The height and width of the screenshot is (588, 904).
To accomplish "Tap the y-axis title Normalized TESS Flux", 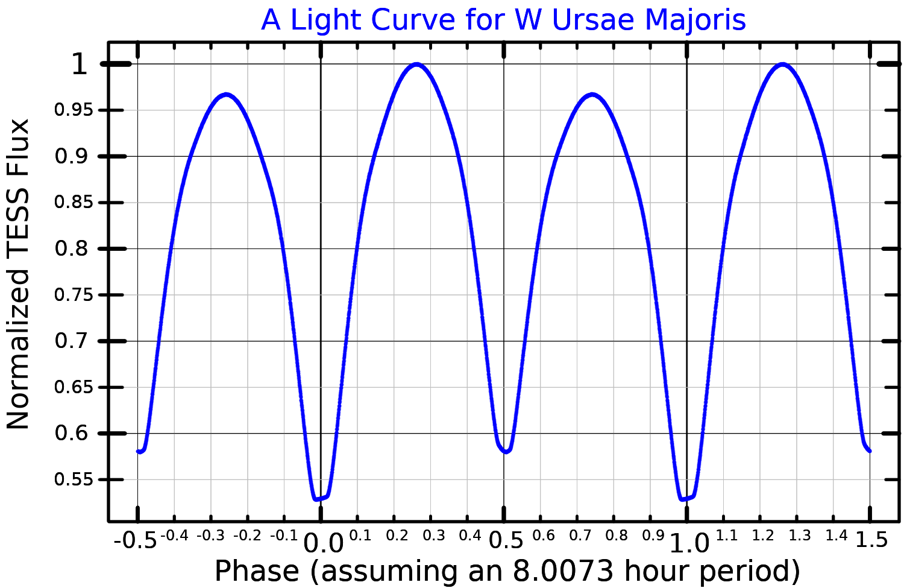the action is click(18, 274).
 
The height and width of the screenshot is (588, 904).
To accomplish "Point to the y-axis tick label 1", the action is click(80, 64).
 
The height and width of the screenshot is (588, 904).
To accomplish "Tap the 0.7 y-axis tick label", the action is click(71, 341).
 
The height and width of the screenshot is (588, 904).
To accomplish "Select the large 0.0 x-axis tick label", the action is click(323, 543).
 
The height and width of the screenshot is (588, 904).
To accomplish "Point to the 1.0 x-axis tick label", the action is click(689, 543).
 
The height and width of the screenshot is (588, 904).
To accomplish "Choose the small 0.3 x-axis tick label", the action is click(434, 536).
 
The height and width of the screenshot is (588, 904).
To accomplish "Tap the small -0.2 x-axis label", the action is click(247, 536).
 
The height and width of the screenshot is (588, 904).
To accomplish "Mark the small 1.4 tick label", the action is click(837, 536).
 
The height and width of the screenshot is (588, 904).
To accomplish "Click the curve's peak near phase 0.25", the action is click(417, 64).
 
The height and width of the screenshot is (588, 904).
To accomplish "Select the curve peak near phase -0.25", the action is click(227, 95).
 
